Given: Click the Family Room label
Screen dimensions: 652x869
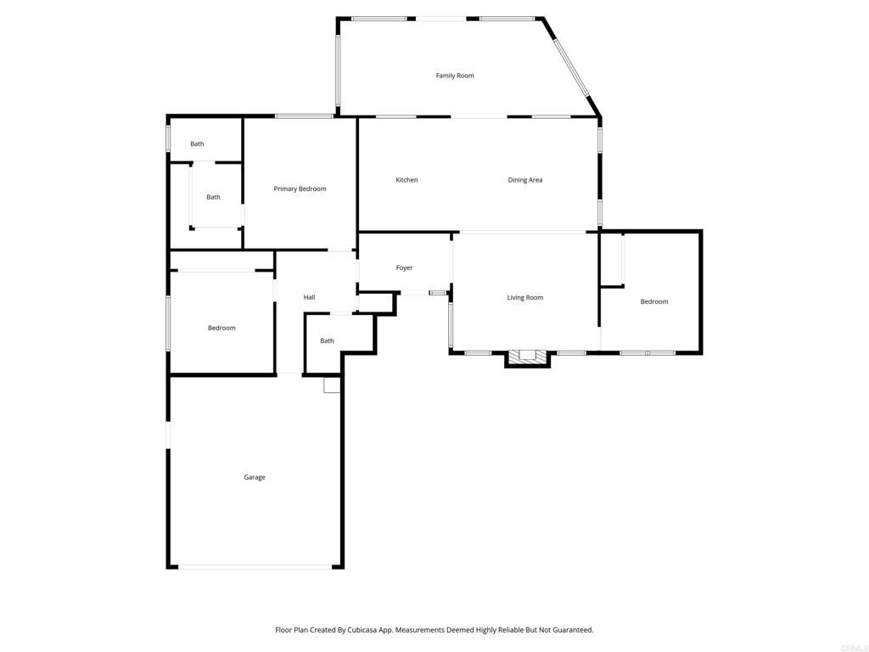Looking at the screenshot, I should [455, 76].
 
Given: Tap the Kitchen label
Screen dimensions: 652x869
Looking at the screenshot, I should [406, 180].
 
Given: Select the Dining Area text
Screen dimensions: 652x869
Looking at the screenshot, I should [525, 180].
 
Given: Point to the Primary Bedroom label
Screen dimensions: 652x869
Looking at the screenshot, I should [300, 188].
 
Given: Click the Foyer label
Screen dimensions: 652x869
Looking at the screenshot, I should [404, 267].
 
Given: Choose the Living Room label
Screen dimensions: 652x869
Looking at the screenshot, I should [525, 297].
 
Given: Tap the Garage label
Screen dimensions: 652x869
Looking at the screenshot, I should [255, 477].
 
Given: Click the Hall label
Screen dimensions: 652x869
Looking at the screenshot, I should [310, 297].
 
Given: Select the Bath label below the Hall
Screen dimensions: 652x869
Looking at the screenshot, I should [327, 340].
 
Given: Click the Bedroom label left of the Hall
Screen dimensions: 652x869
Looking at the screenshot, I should [221, 328].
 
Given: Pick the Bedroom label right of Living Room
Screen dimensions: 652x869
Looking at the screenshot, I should [654, 301].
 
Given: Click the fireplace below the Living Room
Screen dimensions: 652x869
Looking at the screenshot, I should [528, 357].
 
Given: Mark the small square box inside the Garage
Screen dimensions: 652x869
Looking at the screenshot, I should [332, 385].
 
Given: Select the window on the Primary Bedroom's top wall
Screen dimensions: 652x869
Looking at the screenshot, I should [303, 116].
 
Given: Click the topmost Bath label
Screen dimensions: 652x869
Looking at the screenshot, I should [197, 143].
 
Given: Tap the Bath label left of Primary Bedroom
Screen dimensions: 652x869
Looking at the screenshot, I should [213, 197].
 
